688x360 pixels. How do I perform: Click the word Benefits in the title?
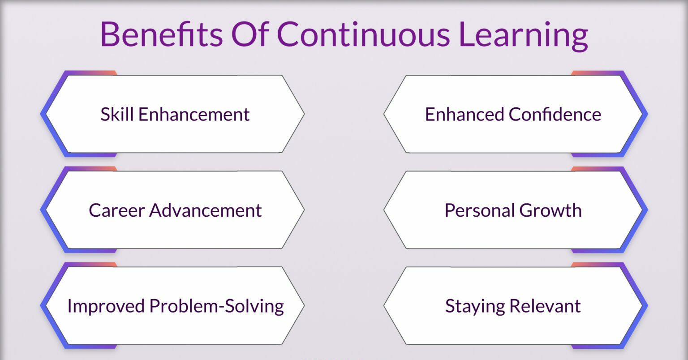pyautogui.click(x=162, y=34)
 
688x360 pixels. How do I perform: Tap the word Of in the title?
pyautogui.click(x=250, y=34)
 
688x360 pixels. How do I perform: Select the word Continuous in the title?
pyautogui.click(x=363, y=34)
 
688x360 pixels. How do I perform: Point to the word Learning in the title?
pyautogui.click(x=523, y=36)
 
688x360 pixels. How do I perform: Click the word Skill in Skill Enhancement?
pyautogui.click(x=117, y=114)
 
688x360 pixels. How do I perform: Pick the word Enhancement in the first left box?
pyautogui.click(x=194, y=114)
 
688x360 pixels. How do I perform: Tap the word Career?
pyautogui.click(x=117, y=210)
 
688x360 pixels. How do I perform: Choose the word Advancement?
pyautogui.click(x=206, y=210)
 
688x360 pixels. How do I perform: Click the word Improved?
pyautogui.click(x=106, y=307)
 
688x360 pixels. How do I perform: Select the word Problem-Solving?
pyautogui.click(x=217, y=307)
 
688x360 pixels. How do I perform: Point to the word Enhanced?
pyautogui.click(x=464, y=114)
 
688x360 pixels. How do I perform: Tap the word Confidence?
pyautogui.click(x=555, y=114)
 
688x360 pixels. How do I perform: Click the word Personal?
pyautogui.click(x=480, y=210)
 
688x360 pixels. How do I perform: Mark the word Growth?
pyautogui.click(x=550, y=210)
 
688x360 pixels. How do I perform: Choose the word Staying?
pyautogui.click(x=475, y=307)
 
